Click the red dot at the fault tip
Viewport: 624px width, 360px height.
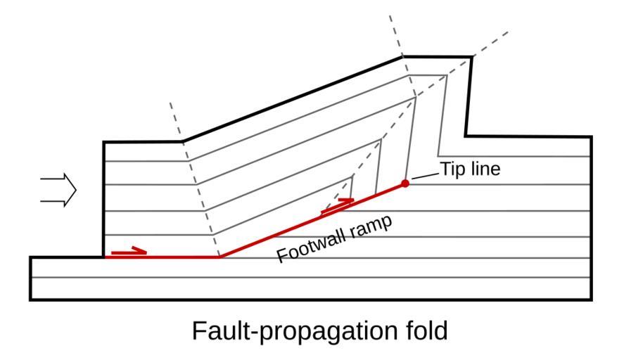click(405, 184)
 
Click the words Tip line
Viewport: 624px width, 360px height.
click(469, 169)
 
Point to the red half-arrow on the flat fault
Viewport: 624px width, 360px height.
click(129, 250)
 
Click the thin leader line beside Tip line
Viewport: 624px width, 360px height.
click(425, 174)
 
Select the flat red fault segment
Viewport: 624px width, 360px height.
click(162, 257)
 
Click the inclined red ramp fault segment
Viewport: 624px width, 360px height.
click(310, 221)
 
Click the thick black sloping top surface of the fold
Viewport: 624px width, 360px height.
click(292, 99)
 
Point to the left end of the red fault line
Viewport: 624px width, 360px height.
click(105, 257)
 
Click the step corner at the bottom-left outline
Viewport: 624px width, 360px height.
click(104, 257)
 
